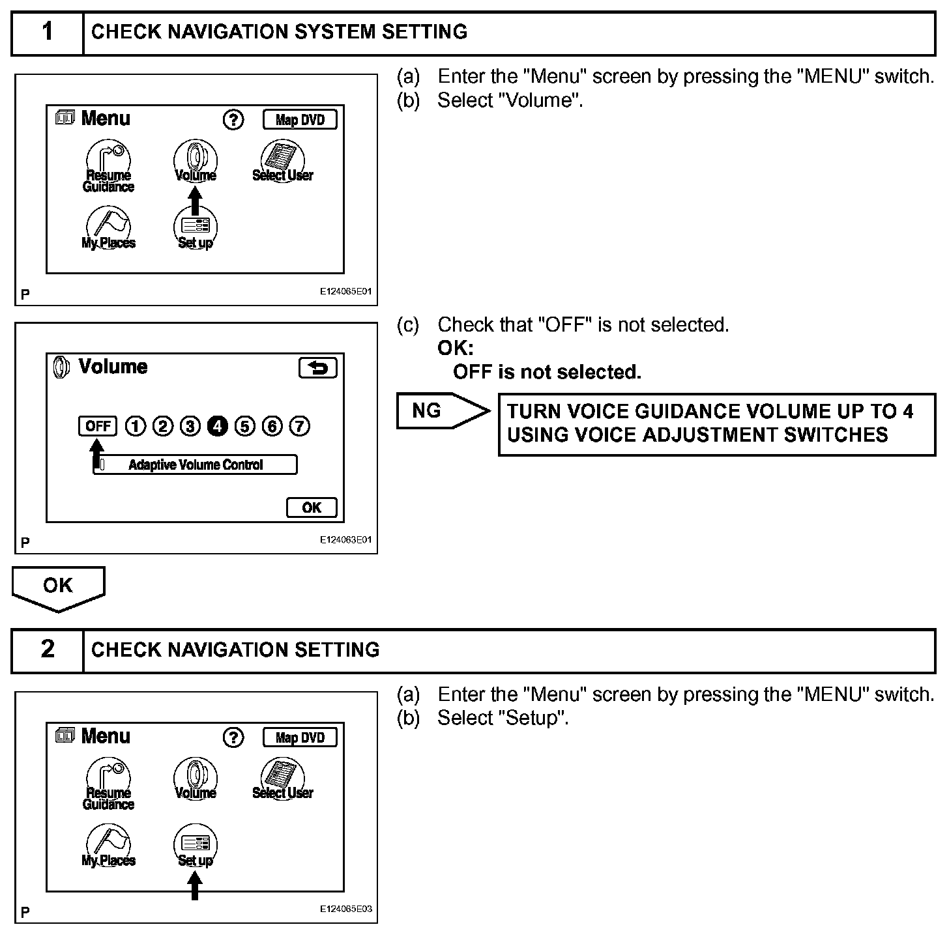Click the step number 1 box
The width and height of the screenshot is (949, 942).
tap(48, 32)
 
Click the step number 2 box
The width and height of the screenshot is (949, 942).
tap(48, 649)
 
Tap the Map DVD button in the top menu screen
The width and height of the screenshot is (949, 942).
tap(300, 120)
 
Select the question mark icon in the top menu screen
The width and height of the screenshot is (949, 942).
tap(233, 120)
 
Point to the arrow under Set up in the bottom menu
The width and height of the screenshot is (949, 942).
tap(194, 887)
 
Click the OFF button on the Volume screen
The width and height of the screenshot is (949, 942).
tap(98, 426)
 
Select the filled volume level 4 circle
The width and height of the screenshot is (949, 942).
tap(217, 426)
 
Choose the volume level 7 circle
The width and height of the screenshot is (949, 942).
tap(299, 426)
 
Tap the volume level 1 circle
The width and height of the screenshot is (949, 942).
tap(135, 426)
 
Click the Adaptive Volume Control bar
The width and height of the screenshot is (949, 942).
tap(195, 464)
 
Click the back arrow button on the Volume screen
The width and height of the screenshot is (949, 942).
tap(317, 368)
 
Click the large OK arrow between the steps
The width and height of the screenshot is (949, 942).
tap(58, 587)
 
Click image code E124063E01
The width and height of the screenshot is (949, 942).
tap(345, 539)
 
